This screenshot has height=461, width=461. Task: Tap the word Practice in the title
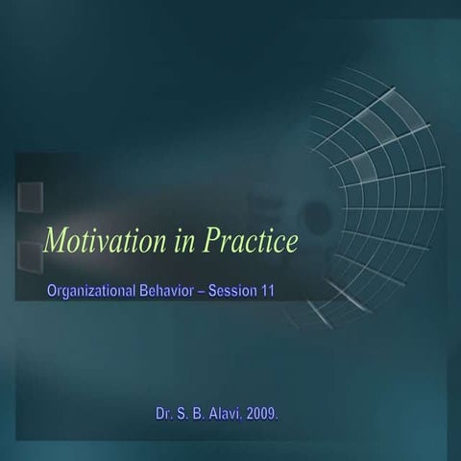coord(249,241)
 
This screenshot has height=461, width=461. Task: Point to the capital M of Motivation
coord(56,241)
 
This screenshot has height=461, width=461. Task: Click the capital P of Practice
coord(209,241)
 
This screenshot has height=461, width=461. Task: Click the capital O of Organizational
coord(52,289)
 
